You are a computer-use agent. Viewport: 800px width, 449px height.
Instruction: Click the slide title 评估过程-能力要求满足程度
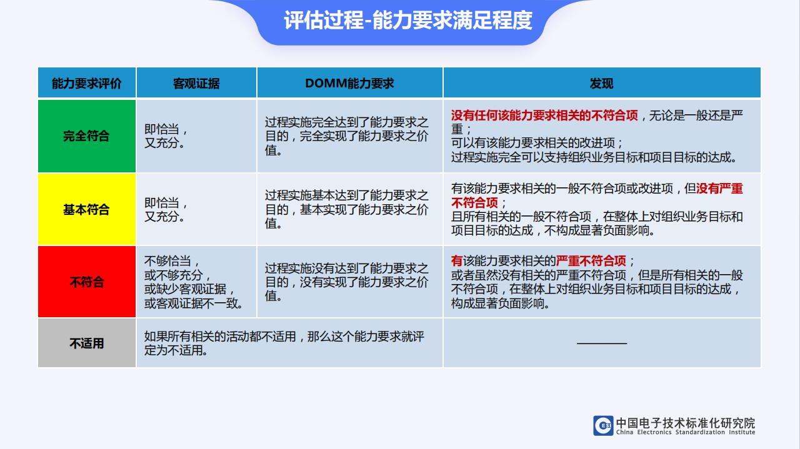coord(408,21)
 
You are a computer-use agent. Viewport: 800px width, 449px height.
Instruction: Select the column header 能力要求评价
coord(87,82)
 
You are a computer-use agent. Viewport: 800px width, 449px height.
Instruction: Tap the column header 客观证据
coord(196,82)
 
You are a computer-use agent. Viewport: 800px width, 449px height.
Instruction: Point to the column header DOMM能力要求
coord(349,82)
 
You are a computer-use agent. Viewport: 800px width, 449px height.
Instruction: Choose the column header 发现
coord(602,82)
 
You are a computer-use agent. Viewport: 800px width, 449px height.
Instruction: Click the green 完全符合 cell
coord(87,136)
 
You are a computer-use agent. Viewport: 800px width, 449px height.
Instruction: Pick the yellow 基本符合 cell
coord(87,209)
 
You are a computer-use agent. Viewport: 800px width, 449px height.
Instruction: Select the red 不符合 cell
coord(87,282)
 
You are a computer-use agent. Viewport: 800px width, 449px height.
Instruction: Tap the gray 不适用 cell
coord(87,343)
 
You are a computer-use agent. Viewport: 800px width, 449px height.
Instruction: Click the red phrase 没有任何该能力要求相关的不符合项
coord(544,116)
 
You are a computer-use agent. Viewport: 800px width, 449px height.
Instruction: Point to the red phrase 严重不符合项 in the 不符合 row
coord(591,261)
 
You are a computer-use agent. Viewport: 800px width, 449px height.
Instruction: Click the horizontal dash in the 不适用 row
coord(602,343)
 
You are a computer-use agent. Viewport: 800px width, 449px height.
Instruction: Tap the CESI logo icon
coord(604,425)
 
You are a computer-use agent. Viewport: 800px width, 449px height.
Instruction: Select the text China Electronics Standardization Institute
coord(686,432)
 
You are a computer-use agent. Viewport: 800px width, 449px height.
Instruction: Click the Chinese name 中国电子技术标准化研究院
coord(686,423)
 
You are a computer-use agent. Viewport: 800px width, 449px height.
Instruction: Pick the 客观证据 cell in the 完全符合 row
coord(196,136)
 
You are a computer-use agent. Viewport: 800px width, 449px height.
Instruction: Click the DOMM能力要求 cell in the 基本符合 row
coord(349,209)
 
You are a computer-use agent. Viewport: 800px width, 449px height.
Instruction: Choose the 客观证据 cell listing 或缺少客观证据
coord(196,282)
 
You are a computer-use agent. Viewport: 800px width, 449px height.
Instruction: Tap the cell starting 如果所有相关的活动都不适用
coord(289,343)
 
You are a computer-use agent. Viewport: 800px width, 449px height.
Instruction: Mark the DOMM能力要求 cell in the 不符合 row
coord(349,282)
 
